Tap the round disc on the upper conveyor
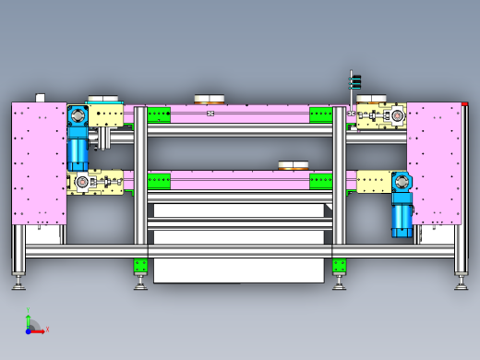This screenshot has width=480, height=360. click(x=210, y=99)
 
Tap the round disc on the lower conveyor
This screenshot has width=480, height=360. click(x=294, y=166)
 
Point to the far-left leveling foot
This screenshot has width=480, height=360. click(x=18, y=282)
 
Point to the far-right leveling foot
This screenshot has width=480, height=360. click(x=461, y=282)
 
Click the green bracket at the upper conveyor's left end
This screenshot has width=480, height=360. click(x=159, y=115)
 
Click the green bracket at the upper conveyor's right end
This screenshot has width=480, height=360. click(x=320, y=115)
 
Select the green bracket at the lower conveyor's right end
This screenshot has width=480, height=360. click(x=320, y=181)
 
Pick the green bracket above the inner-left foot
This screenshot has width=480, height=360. click(x=140, y=267)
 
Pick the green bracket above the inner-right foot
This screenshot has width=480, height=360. click(x=339, y=267)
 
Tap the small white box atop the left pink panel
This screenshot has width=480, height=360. click(x=41, y=98)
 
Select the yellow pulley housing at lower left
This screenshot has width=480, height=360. click(x=95, y=182)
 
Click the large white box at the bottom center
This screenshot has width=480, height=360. click(x=238, y=270)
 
